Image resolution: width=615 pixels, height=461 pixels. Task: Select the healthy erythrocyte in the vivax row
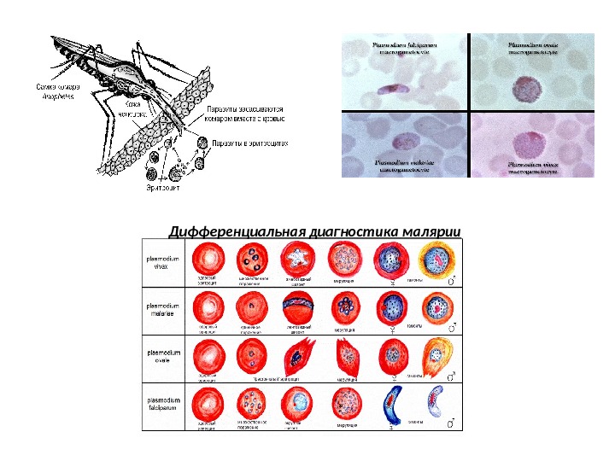tap(207, 257)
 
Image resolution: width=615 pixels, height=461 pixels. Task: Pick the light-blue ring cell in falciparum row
tap(299, 403)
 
